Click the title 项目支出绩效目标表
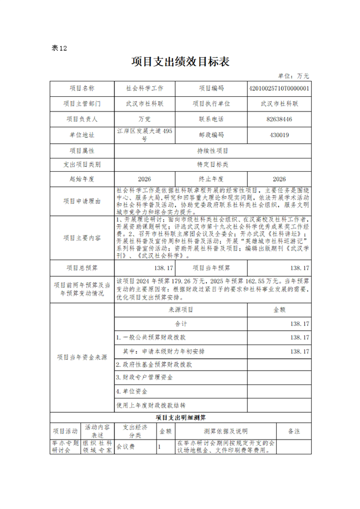click(x=180, y=62)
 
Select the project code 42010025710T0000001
click(x=278, y=88)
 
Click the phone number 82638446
click(x=278, y=119)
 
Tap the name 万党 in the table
click(x=144, y=119)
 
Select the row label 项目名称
click(x=82, y=88)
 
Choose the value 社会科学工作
click(x=144, y=88)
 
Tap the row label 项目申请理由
click(x=82, y=202)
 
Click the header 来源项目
click(x=181, y=309)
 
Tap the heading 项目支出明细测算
click(x=180, y=417)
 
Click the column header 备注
click(x=294, y=431)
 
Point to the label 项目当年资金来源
click(x=82, y=357)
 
